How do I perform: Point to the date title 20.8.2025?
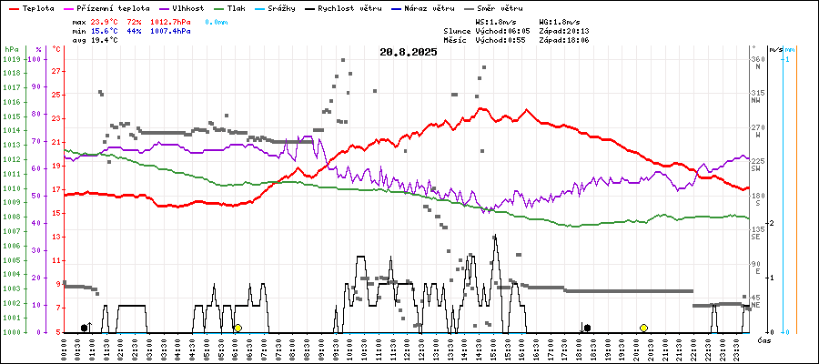(409, 52)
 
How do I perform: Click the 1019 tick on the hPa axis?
(12, 59)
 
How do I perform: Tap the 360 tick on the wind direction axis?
(756, 59)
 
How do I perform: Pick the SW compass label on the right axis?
(755, 168)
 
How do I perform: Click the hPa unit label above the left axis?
(11, 48)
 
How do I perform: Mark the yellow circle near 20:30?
(643, 328)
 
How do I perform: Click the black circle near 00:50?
(85, 328)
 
